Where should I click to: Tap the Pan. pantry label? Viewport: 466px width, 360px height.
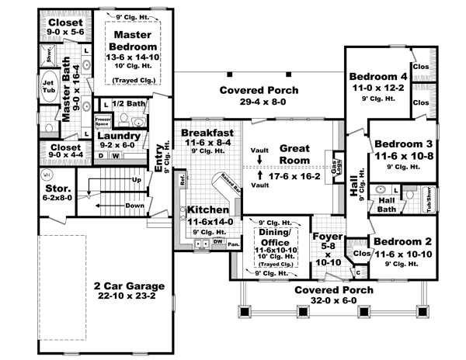click(232, 244)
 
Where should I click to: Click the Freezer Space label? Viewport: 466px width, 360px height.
click(101, 122)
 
